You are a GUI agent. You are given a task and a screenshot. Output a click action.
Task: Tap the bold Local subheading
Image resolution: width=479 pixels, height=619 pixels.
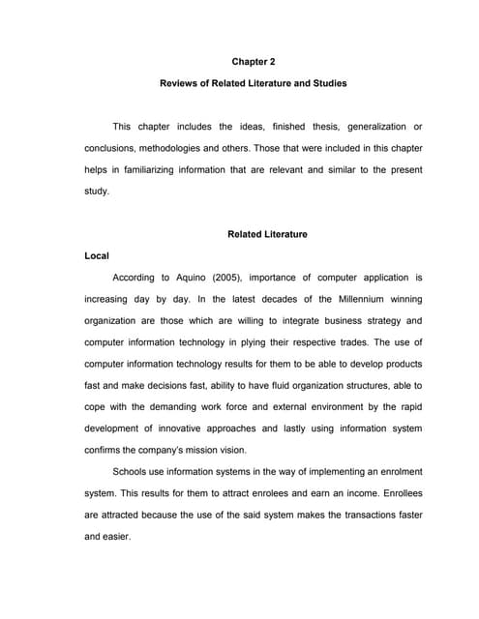pos(97,256)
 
